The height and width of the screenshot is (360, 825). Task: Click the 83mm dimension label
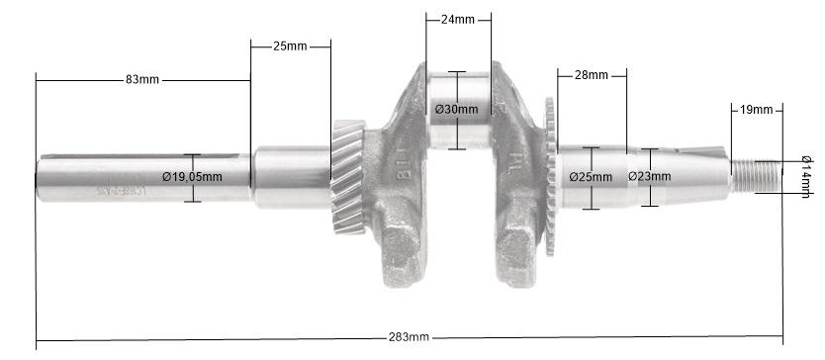click(143, 79)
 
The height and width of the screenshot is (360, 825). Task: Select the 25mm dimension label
click(290, 46)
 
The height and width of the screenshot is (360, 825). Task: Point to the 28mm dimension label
click(591, 76)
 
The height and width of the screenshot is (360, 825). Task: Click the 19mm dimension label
click(756, 109)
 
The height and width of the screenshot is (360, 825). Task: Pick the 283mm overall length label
click(409, 336)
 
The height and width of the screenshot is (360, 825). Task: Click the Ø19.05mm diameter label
click(192, 177)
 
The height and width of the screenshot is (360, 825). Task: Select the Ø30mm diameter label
click(456, 109)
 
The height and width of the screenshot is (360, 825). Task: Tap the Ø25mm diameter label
click(592, 177)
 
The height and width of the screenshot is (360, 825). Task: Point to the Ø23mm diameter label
click(649, 177)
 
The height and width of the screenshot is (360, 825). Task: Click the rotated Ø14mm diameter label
click(806, 176)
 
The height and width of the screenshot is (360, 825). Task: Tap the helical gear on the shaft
click(346, 178)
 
